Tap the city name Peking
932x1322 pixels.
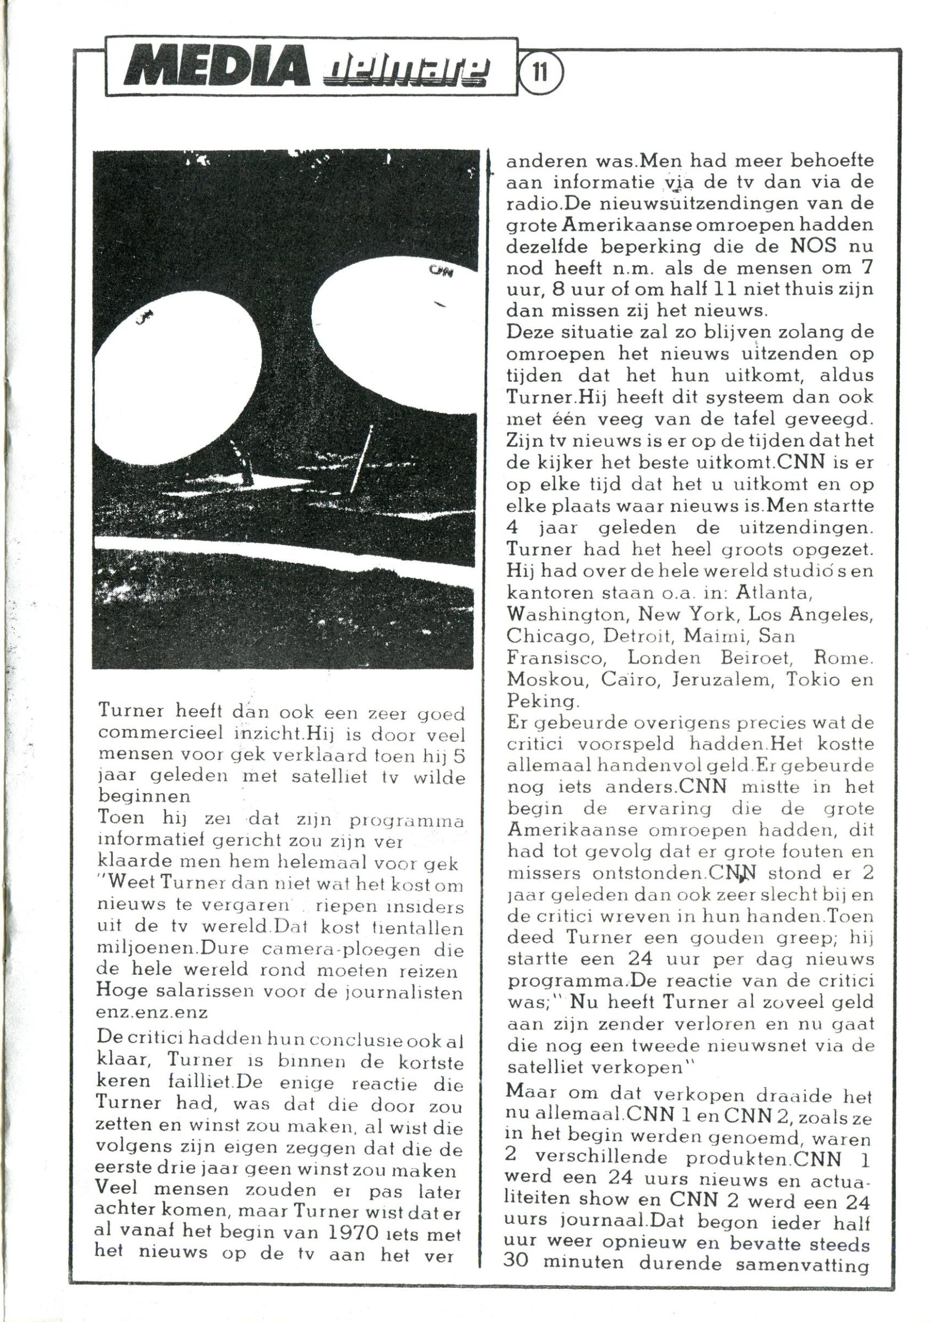pos(540,701)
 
